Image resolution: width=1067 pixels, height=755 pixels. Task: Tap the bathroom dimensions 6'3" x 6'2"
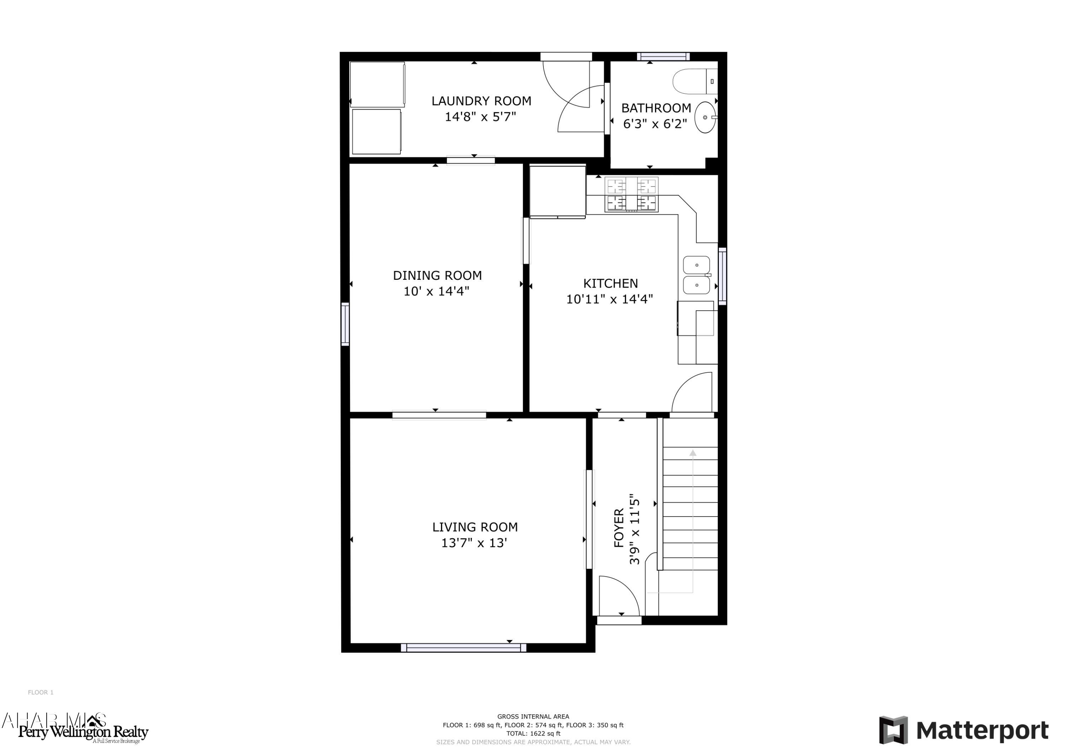click(655, 124)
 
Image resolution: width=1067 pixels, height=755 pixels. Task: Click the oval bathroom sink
click(705, 118)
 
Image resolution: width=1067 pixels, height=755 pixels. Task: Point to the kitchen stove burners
click(631, 194)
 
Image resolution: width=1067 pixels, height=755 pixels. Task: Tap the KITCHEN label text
click(610, 283)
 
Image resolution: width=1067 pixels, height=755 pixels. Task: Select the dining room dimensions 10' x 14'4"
click(436, 292)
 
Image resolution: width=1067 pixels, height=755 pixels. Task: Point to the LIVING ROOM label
click(474, 527)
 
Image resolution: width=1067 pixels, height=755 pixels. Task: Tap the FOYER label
click(619, 528)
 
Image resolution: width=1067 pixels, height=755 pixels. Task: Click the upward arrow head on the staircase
click(693, 453)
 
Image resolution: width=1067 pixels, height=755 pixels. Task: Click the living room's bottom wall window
click(463, 647)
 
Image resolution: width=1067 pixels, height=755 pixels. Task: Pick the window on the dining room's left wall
click(345, 324)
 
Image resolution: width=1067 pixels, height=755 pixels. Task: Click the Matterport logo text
click(982, 730)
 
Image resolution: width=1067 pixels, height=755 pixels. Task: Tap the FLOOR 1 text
click(41, 692)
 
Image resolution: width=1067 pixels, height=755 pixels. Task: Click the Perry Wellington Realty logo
click(83, 732)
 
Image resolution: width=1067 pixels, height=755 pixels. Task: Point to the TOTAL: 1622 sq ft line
click(533, 734)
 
